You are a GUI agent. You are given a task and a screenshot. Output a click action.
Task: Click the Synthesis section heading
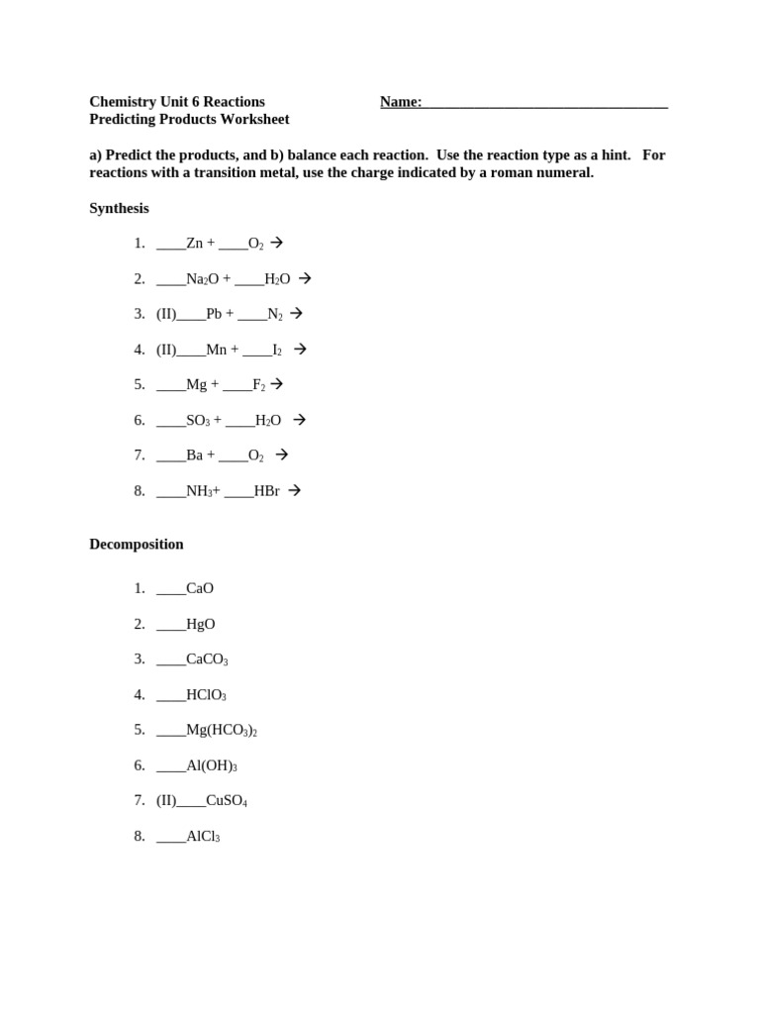pyautogui.click(x=119, y=208)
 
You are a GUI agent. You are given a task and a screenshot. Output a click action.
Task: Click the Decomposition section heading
pyautogui.click(x=137, y=544)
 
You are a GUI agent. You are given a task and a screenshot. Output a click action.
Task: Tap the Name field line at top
pyautogui.click(x=544, y=102)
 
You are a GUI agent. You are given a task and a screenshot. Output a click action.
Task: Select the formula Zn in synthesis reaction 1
pyautogui.click(x=194, y=243)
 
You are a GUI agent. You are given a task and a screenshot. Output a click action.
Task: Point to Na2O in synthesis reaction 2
pyautogui.click(x=202, y=279)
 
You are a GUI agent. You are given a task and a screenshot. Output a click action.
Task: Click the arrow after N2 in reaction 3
pyautogui.click(x=296, y=313)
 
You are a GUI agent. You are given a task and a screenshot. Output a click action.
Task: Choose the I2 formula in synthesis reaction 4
pyautogui.click(x=277, y=350)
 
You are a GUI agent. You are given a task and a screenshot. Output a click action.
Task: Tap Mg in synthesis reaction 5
pyautogui.click(x=196, y=384)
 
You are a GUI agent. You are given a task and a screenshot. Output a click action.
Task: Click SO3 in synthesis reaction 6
pyautogui.click(x=198, y=421)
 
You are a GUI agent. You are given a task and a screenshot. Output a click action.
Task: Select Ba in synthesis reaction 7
pyautogui.click(x=194, y=456)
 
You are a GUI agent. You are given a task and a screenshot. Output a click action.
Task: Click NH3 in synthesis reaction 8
pyautogui.click(x=199, y=491)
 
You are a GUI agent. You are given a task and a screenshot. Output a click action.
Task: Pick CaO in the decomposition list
pyautogui.click(x=200, y=588)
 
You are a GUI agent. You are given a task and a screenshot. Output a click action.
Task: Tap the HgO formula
pyautogui.click(x=200, y=624)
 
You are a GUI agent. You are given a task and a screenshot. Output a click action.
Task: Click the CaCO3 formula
pyautogui.click(x=207, y=659)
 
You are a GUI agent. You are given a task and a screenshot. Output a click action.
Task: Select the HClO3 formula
pyautogui.click(x=206, y=695)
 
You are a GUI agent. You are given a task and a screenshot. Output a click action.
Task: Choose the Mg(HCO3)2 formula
pyautogui.click(x=222, y=731)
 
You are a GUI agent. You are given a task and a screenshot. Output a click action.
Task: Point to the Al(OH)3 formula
pyautogui.click(x=212, y=765)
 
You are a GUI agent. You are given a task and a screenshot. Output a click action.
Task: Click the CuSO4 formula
pyautogui.click(x=227, y=801)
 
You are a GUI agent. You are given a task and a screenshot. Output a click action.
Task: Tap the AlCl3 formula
pyautogui.click(x=203, y=837)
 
